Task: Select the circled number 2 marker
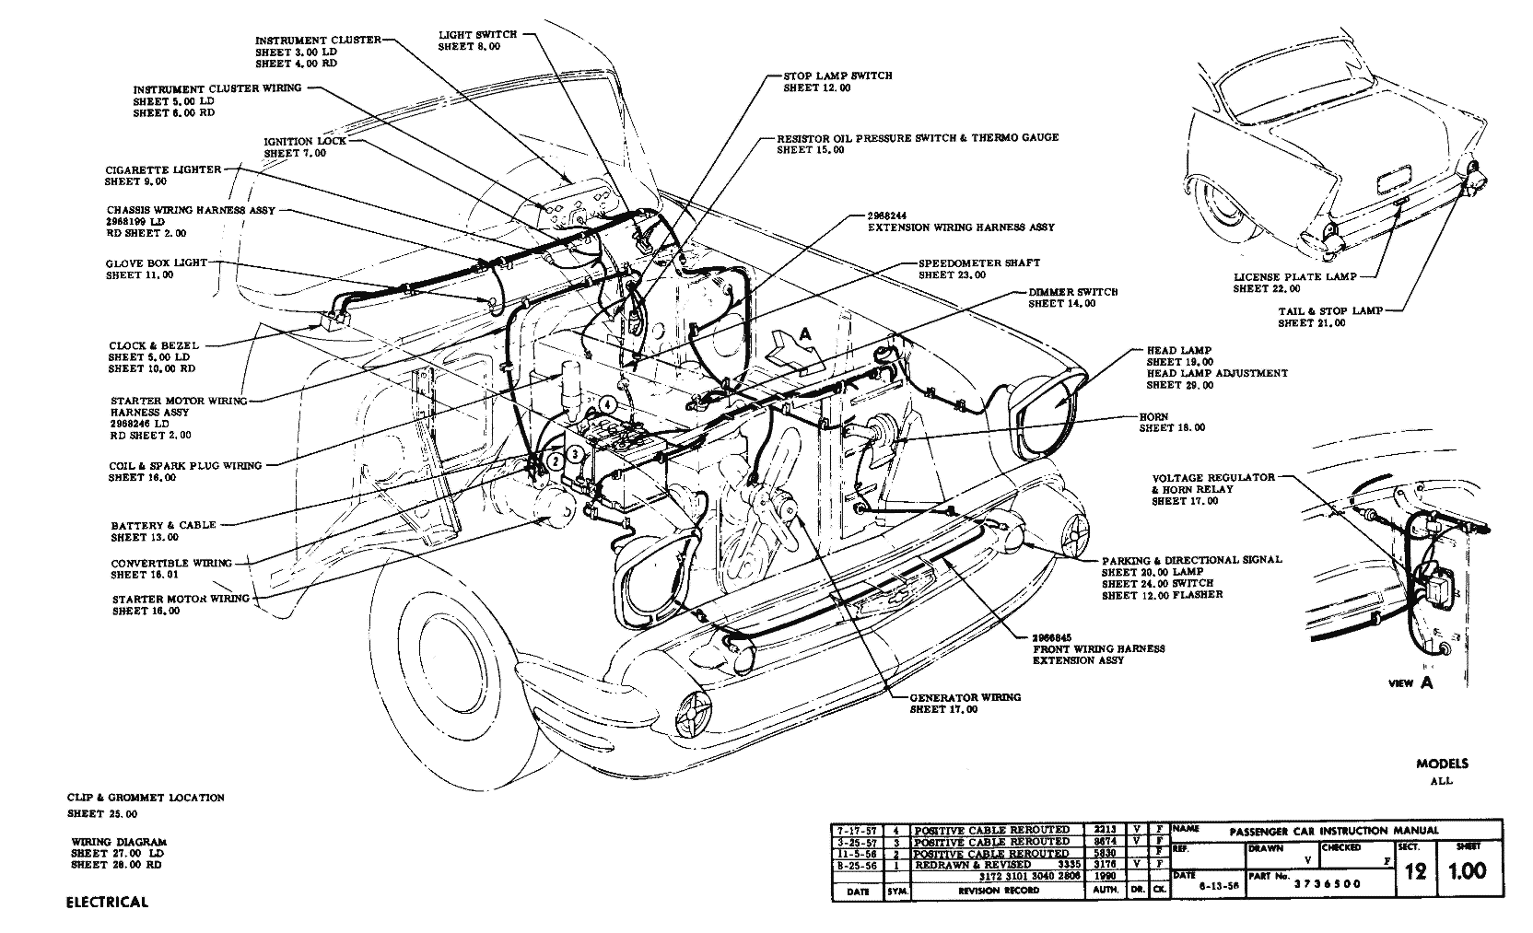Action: point(555,461)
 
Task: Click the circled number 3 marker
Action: point(574,453)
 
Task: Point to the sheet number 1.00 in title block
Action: point(1468,871)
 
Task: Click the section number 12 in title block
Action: point(1415,871)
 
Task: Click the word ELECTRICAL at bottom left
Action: point(107,902)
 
